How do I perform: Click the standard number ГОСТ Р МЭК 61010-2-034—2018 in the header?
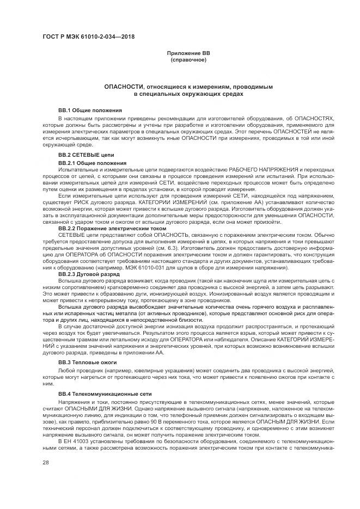click(x=88, y=38)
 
